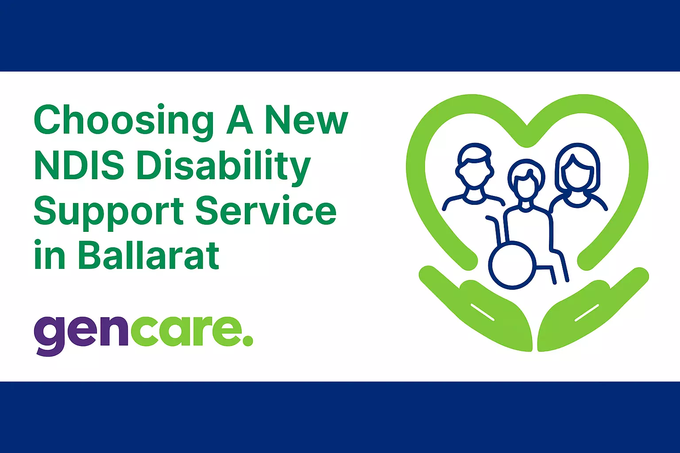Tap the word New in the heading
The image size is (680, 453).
click(306, 120)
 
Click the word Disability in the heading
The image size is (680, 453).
click(223, 167)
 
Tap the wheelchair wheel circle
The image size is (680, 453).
click(512, 265)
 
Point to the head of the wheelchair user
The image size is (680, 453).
click(526, 181)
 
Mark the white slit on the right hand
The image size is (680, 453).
click(586, 312)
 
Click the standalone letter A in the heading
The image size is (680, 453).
click(240, 120)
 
